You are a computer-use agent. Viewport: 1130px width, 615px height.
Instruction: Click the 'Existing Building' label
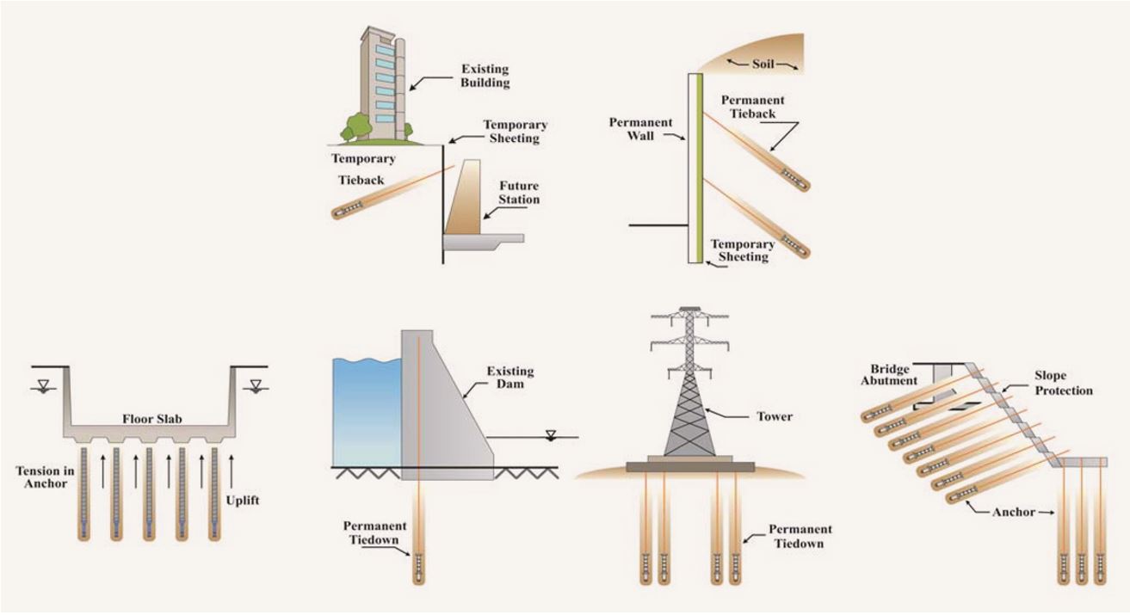pos(485,76)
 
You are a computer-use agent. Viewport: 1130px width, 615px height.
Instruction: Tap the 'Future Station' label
pos(519,193)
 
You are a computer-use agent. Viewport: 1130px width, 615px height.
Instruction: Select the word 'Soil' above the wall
pos(763,64)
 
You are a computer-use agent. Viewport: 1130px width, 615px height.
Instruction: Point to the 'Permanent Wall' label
pos(640,129)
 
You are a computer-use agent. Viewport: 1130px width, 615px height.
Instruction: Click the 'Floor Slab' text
pos(152,419)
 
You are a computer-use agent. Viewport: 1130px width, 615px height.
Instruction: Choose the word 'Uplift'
pos(242,501)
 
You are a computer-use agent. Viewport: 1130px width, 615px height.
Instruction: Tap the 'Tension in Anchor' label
pos(45,477)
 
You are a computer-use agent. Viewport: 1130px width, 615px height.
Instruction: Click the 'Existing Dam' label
pos(510,378)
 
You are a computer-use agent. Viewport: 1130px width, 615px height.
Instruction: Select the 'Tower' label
pos(775,416)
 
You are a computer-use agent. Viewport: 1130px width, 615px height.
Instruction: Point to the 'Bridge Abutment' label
pos(889,375)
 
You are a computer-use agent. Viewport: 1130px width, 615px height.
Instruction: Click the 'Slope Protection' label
pos(1064,383)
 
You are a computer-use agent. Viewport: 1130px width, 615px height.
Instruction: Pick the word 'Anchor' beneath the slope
pos(1014,512)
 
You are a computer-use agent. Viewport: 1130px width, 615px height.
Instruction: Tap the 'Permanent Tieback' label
pos(753,107)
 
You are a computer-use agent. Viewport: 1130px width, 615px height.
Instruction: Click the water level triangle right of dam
pos(551,434)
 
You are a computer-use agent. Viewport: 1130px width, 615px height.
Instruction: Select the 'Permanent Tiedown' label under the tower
pos(800,537)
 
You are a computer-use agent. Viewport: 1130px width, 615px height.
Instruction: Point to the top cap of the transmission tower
pos(689,309)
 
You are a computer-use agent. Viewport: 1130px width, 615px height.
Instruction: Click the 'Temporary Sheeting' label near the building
pos(515,131)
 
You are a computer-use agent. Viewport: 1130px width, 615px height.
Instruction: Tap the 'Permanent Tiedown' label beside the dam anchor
pos(375,532)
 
